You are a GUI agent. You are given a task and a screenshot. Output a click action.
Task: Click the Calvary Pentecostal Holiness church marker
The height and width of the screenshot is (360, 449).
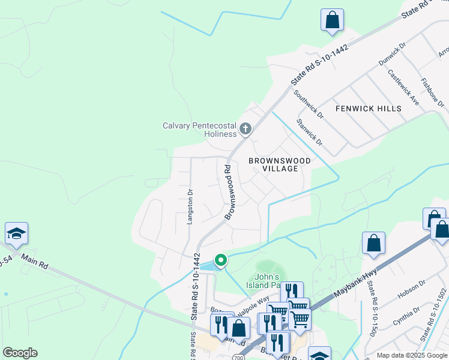point(245,128)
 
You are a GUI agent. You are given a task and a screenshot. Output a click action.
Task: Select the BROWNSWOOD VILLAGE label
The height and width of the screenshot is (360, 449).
point(280,164)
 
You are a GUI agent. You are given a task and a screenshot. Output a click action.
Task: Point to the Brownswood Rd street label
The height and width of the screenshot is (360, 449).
point(230,192)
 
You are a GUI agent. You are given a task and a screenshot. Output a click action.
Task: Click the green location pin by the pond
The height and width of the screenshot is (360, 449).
point(220,260)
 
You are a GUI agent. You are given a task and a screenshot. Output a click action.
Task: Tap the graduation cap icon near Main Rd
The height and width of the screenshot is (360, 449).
point(16,233)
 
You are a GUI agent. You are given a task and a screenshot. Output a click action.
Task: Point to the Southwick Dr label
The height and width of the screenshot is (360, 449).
point(309,104)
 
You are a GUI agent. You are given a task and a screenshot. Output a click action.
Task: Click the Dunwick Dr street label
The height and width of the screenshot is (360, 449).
point(392,54)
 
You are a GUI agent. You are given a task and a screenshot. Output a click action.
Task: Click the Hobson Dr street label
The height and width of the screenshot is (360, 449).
point(411,291)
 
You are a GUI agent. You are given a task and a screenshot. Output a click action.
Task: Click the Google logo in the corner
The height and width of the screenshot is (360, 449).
point(20,353)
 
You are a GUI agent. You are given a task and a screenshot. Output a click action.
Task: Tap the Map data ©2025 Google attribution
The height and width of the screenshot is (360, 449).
point(412,355)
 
